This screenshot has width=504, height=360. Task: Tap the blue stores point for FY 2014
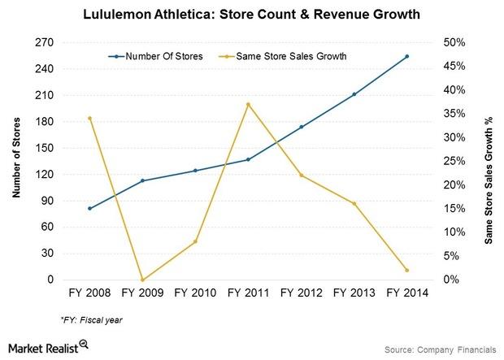pyautogui.click(x=406, y=56)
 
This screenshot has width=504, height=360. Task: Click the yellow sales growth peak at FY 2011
pyautogui.click(x=248, y=104)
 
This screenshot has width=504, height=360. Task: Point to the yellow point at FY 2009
pyautogui.click(x=142, y=280)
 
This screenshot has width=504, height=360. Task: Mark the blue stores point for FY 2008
pyautogui.click(x=89, y=208)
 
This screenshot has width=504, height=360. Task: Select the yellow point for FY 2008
pyautogui.click(x=89, y=118)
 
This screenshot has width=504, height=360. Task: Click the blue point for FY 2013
pyautogui.click(x=354, y=94)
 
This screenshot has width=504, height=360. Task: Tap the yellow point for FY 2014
pyautogui.click(x=406, y=270)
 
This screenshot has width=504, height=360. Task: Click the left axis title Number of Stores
pyautogui.click(x=16, y=161)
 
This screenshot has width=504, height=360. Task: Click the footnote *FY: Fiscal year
pyautogui.click(x=91, y=320)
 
